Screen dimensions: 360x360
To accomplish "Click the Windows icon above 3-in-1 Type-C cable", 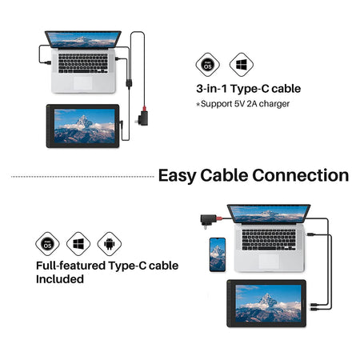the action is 242,65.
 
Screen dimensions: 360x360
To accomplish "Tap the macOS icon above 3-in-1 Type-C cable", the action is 208,65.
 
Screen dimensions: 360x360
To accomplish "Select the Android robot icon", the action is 110,244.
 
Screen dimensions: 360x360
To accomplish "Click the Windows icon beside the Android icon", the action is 78,244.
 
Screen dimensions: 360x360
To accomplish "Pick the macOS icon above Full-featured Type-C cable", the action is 47,244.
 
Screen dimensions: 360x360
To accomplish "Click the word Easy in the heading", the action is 177,176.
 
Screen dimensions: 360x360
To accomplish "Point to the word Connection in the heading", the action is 301,175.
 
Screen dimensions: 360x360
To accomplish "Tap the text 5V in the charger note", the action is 239,104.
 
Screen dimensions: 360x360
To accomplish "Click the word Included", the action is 60,279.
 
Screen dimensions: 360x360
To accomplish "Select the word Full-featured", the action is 71,266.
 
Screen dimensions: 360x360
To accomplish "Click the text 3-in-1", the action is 212,89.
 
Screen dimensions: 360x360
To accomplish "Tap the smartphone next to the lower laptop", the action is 218,254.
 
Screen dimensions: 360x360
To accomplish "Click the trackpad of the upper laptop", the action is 83,83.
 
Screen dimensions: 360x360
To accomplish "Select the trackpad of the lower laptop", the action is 269,262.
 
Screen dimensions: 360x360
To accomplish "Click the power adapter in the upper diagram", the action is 143,118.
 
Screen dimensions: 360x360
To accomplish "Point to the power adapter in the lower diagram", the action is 208,220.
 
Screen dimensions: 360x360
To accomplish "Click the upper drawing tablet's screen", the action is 85,126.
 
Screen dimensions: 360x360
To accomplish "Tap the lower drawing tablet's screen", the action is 268,303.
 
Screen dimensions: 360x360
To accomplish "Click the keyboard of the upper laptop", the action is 83,63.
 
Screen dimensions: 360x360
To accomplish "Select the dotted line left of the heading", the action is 82,177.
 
